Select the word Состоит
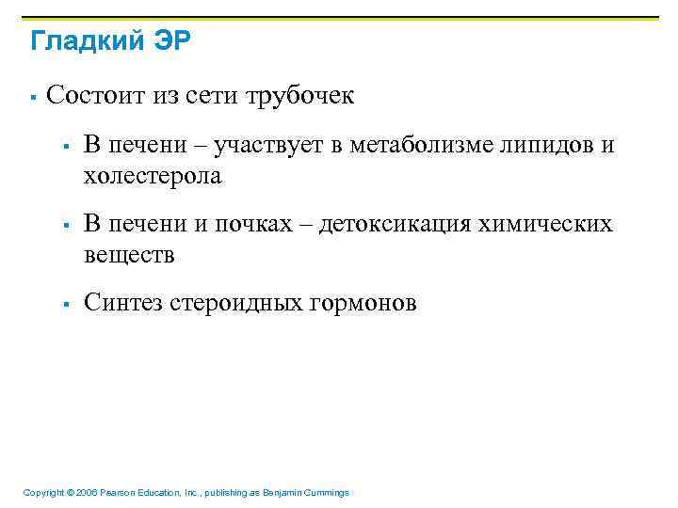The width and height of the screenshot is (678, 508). coord(90,95)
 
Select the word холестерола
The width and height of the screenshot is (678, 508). coord(153,175)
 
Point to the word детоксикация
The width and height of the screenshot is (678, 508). coord(395,225)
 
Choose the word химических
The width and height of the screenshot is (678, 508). coord(546,225)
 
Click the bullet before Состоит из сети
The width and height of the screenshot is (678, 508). coord(32,96)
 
